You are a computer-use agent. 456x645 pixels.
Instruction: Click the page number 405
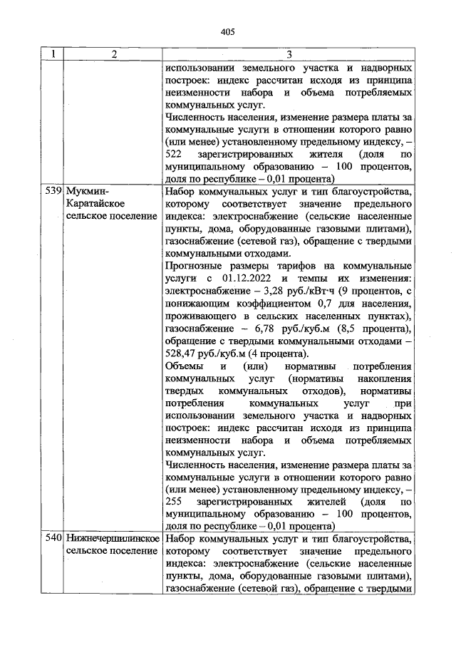[x=228, y=31]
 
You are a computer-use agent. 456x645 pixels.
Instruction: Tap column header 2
[x=113, y=54]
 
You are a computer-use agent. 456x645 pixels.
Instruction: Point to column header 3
[x=289, y=54]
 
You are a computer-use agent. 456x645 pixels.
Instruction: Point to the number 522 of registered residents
[x=175, y=155]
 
